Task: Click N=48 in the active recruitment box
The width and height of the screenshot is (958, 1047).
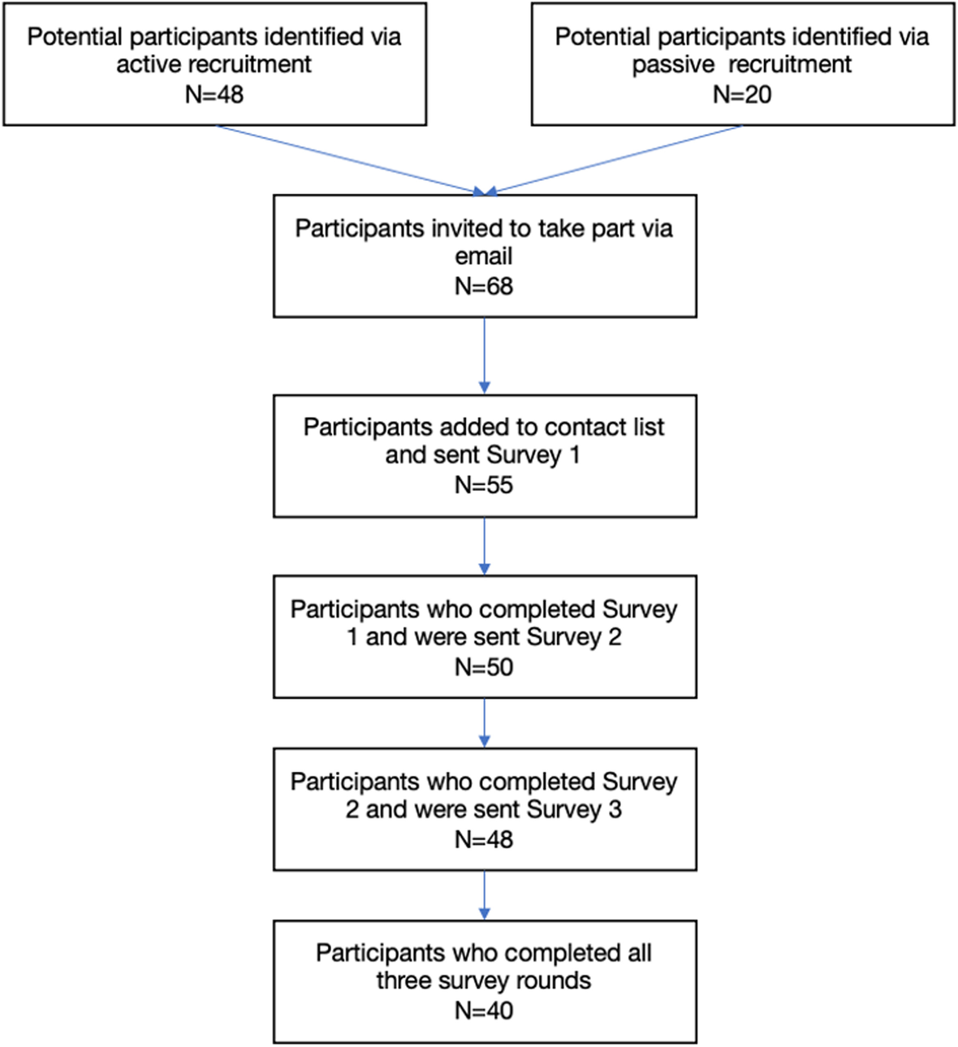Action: (x=214, y=94)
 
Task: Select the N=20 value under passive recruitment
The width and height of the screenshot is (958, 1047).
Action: (x=742, y=94)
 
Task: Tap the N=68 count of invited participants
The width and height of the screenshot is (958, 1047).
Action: (x=484, y=286)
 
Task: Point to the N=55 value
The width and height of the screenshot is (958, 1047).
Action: (x=484, y=485)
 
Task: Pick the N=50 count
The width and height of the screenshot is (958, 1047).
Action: (x=484, y=666)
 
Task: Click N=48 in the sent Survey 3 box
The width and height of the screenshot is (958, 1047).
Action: (x=484, y=838)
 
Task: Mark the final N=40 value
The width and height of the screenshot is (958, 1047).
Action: (x=484, y=1010)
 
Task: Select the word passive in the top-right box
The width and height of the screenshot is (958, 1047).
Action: (x=674, y=65)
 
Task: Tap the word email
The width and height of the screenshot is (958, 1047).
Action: (x=484, y=256)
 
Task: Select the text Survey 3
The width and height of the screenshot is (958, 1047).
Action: (x=574, y=809)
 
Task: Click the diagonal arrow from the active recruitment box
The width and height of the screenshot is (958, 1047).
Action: (x=349, y=160)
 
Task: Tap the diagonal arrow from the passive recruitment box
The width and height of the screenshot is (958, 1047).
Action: (x=617, y=160)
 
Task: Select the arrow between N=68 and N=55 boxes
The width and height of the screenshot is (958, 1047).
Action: (x=485, y=355)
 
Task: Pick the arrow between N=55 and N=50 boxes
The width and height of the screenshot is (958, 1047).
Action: (x=485, y=545)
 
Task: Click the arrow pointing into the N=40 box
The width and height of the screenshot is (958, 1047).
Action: (x=485, y=894)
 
